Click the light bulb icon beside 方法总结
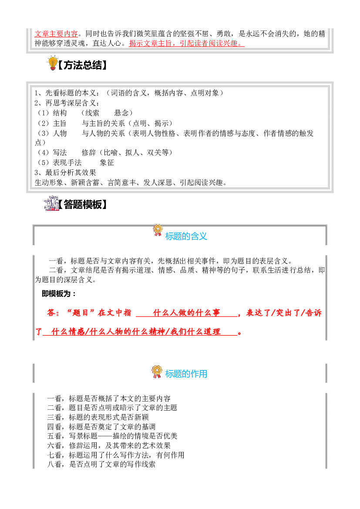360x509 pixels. coord(52,63)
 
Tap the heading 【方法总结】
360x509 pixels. coord(82,65)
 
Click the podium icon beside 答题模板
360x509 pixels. coord(51,203)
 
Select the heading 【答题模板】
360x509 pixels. coord(83,205)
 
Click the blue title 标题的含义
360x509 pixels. coord(186,236)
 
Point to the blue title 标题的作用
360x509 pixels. coord(186,374)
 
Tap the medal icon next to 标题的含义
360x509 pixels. coord(158,230)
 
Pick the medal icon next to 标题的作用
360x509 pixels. coord(157,372)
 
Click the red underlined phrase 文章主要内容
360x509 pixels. coord(56,34)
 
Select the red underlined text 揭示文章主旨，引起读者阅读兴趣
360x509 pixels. coord(187,43)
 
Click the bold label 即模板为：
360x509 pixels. coord(59,294)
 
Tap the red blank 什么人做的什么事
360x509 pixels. coord(187,313)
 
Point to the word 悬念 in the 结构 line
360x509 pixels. coord(121,113)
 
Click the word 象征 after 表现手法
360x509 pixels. coord(107,162)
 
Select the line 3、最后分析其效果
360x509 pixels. coord(66,172)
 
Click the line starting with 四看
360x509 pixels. coord(101,427)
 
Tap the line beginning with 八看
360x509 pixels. coord(101,464)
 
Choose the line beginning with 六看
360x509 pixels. coord(109,445)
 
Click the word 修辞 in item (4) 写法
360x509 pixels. coord(89,152)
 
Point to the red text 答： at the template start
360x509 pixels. coord(54,313)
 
